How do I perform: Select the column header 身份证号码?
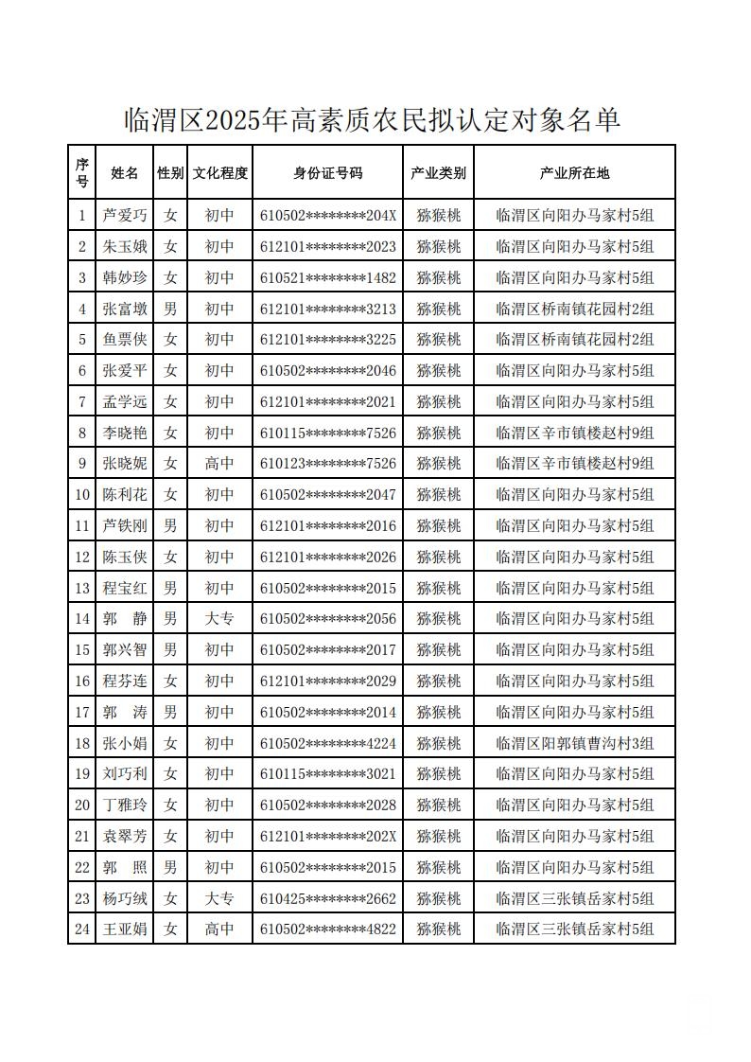[327, 173]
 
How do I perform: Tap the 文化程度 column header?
[219, 173]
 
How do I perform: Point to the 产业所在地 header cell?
[574, 173]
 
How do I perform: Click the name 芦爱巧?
[125, 216]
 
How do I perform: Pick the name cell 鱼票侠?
[125, 340]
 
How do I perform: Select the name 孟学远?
[125, 402]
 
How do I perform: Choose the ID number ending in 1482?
[327, 278]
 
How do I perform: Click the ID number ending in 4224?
[327, 743]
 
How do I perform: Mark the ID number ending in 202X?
[327, 837]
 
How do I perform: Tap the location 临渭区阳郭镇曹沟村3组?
[574, 743]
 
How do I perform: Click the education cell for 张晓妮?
[219, 464]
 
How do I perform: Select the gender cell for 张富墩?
[170, 309]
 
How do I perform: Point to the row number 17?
[82, 712]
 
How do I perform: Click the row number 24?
[82, 929]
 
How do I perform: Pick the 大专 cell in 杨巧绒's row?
[219, 898]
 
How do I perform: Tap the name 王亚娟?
[125, 929]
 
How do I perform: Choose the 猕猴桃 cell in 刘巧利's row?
[439, 774]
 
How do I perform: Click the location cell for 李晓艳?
[574, 434]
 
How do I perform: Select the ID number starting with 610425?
[327, 898]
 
